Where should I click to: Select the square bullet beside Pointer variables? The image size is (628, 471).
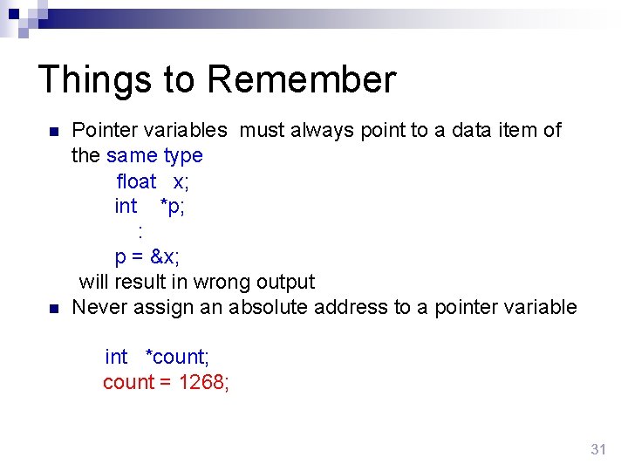(53, 133)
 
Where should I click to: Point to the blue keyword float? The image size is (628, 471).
(136, 181)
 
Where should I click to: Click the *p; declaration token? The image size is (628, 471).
(172, 207)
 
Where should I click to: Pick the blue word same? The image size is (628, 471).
(132, 156)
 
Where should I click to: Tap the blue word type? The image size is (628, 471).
(183, 156)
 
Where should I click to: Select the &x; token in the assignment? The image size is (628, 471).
(165, 257)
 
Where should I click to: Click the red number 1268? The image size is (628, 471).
(204, 383)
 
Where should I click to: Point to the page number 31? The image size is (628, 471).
(597, 449)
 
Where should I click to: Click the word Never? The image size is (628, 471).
(100, 308)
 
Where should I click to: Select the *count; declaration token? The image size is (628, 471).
(177, 358)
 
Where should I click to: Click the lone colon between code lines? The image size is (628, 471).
(140, 232)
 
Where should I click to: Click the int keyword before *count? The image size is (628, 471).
(116, 358)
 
